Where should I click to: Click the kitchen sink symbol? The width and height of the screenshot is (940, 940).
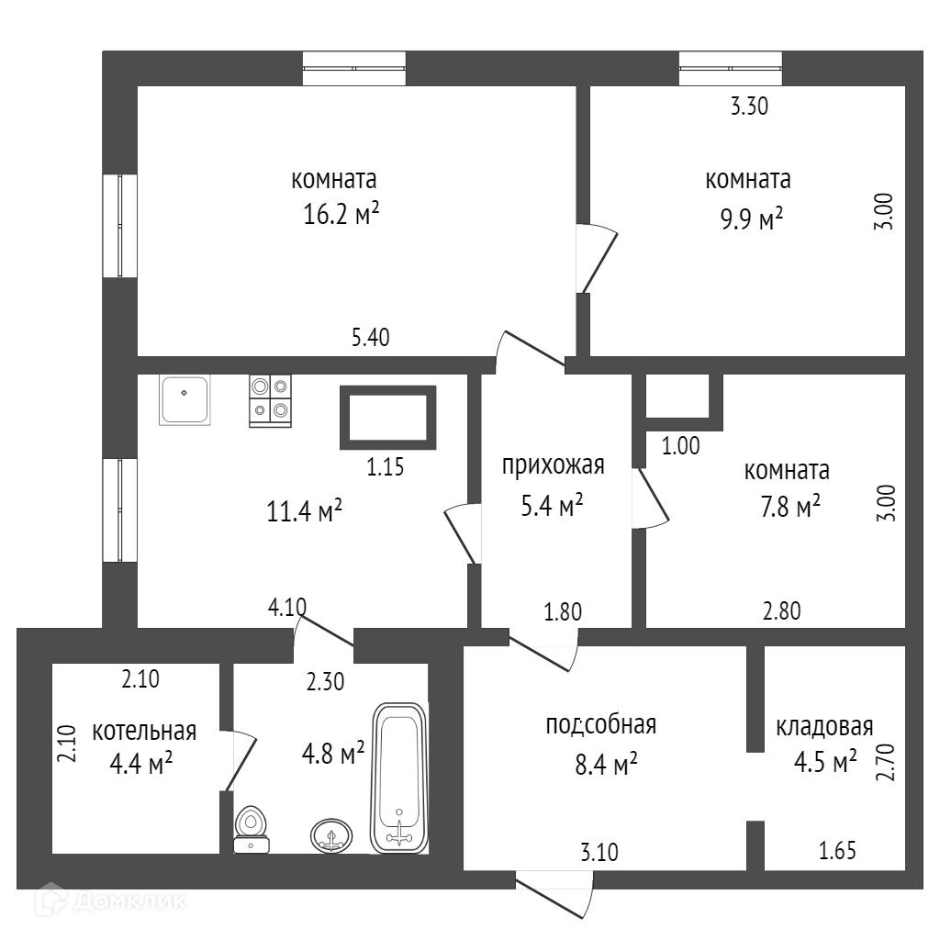(x=185, y=399)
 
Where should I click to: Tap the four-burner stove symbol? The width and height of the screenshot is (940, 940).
(x=270, y=401)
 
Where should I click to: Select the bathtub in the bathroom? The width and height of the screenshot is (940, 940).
(x=399, y=778)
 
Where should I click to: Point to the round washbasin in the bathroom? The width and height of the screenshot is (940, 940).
(x=330, y=834)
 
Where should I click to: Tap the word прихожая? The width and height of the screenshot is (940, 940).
(x=554, y=465)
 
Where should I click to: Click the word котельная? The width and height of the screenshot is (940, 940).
(x=144, y=732)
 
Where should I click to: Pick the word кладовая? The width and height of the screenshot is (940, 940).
(x=823, y=727)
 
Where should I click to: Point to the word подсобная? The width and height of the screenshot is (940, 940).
(x=600, y=725)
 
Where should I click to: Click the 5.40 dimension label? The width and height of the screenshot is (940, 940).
(x=371, y=337)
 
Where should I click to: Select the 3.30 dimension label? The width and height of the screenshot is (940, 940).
(x=748, y=106)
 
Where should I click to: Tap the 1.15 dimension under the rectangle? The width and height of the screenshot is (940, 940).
(x=386, y=466)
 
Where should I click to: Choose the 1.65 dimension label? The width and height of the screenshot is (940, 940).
(x=836, y=851)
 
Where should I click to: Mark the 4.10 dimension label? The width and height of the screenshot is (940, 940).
(x=287, y=606)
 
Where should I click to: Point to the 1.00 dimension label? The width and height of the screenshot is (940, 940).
(x=681, y=447)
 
